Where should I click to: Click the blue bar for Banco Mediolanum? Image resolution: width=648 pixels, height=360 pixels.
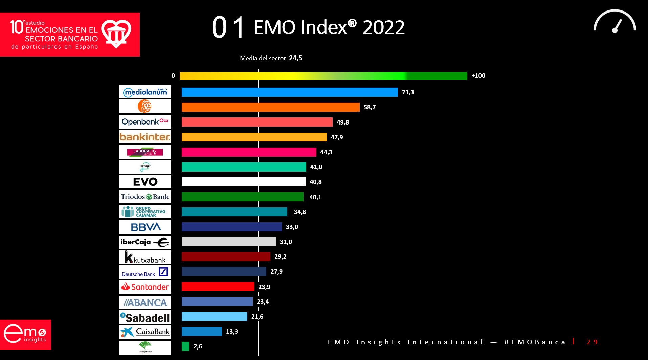pyautogui.click(x=289, y=92)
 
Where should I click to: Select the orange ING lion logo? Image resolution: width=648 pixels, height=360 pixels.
pyautogui.click(x=144, y=106)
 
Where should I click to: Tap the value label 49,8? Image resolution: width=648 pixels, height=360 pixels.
pyautogui.click(x=342, y=122)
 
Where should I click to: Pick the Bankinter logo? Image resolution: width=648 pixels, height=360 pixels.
pyautogui.click(x=145, y=137)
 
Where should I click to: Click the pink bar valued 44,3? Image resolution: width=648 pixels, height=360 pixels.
pyautogui.click(x=249, y=152)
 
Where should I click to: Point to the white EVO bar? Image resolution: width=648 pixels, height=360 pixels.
pyautogui.click(x=243, y=182)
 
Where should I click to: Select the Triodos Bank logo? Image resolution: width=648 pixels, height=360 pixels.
pyautogui.click(x=145, y=197)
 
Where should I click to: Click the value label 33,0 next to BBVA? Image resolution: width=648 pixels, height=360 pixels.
pyautogui.click(x=292, y=227)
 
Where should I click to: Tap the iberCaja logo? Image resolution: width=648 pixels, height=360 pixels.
pyautogui.click(x=145, y=242)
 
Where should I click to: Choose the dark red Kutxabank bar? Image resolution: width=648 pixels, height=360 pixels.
pyautogui.click(x=226, y=256)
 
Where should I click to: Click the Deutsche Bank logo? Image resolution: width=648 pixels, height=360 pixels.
pyautogui.click(x=145, y=272)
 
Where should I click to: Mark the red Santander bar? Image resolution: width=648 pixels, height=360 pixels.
pyautogui.click(x=218, y=286)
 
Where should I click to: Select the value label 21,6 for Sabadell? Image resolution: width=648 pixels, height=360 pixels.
pyautogui.click(x=257, y=316)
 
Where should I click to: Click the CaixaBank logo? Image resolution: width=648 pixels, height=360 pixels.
pyautogui.click(x=145, y=332)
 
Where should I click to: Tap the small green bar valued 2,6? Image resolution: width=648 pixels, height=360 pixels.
pyautogui.click(x=185, y=346)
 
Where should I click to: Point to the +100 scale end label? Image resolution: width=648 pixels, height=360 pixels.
pyautogui.click(x=478, y=76)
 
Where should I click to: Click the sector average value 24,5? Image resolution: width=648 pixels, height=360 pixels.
pyautogui.click(x=295, y=58)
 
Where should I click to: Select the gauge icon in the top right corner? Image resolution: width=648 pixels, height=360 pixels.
pyautogui.click(x=615, y=22)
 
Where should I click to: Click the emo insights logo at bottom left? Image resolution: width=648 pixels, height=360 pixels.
pyautogui.click(x=25, y=334)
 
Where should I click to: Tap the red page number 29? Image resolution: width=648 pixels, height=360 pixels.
pyautogui.click(x=592, y=342)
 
